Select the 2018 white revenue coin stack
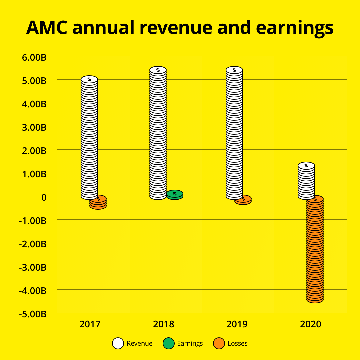click(x=158, y=133)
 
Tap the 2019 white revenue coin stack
click(x=234, y=133)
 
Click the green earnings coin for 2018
click(x=175, y=195)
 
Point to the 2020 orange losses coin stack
click(x=315, y=250)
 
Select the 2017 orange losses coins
click(x=98, y=202)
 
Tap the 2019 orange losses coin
click(x=243, y=200)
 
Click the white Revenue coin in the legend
click(x=118, y=343)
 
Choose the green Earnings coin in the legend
click(x=169, y=343)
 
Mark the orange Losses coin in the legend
click(x=219, y=343)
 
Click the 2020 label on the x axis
click(x=311, y=324)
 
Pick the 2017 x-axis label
click(x=90, y=324)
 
